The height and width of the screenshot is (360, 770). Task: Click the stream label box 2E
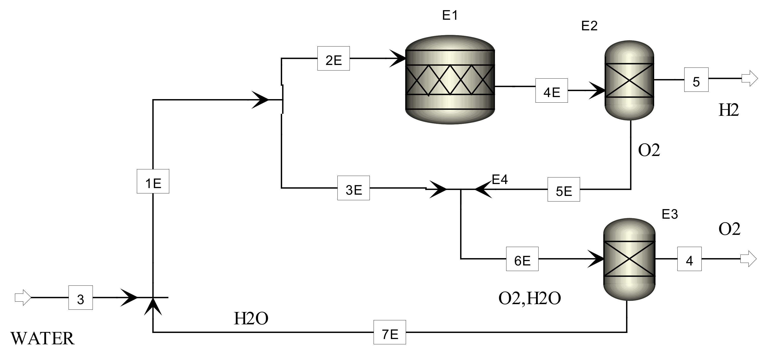[333, 59]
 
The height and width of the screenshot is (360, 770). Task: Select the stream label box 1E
[153, 181]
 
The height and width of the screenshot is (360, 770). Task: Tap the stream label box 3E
[353, 188]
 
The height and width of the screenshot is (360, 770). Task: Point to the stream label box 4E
[551, 91]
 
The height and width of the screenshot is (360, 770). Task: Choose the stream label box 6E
[522, 259]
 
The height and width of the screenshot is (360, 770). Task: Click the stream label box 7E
[390, 332]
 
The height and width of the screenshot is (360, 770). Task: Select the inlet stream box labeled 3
[80, 298]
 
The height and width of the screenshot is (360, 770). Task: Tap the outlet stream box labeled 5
[696, 80]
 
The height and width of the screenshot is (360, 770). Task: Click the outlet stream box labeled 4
[689, 259]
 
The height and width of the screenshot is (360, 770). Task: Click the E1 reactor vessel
[450, 80]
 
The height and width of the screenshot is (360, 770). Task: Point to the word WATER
[42, 339]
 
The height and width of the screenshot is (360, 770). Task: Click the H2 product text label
[728, 110]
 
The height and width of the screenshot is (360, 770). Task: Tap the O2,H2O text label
[529, 299]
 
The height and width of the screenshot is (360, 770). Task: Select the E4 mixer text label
[500, 179]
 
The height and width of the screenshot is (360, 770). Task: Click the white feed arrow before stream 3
[23, 298]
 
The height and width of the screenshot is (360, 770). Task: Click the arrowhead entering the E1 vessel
[398, 59]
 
